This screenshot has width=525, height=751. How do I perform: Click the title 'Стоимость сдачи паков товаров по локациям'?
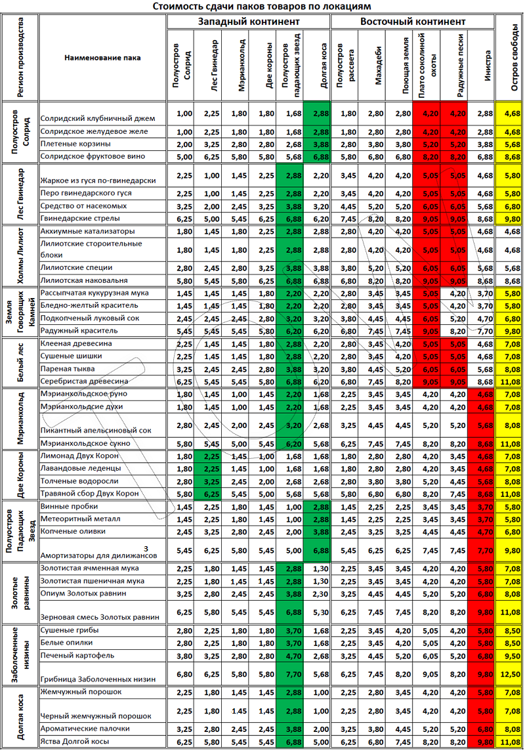tap(262, 6)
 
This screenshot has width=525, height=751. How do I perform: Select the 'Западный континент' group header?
tap(248, 22)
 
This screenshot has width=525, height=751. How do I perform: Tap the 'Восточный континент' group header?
tap(413, 22)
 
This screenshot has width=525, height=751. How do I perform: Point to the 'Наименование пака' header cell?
tap(102, 58)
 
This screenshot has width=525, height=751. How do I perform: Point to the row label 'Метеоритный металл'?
tap(81, 519)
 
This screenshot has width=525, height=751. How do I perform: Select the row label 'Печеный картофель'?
tap(77, 655)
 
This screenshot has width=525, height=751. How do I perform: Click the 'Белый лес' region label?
tap(20, 362)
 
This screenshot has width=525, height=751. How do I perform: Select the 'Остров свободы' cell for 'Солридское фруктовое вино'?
tap(510, 157)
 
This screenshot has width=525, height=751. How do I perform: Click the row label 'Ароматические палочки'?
tap(85, 729)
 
